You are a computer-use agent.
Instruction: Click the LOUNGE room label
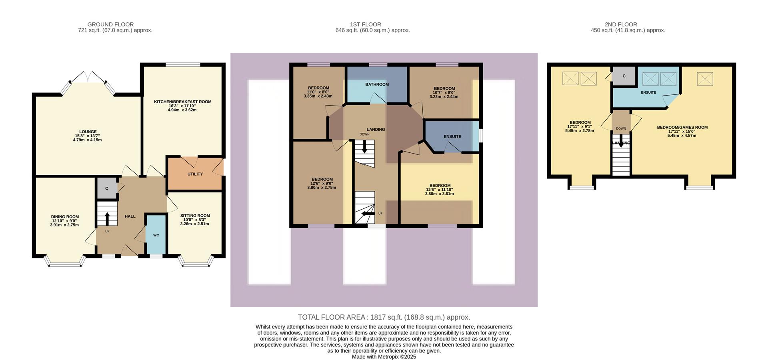tap(88, 132)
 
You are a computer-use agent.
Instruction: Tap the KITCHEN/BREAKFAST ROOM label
tap(182, 102)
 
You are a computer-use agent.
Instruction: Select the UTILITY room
tap(195, 174)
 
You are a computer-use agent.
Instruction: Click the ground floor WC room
tap(156, 235)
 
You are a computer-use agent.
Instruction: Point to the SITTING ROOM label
tap(195, 216)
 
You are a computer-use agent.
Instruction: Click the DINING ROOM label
tap(65, 217)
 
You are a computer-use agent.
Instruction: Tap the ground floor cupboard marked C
tap(107, 188)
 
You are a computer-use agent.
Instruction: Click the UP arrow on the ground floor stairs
tap(107, 218)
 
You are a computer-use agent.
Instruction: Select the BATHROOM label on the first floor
tap(377, 84)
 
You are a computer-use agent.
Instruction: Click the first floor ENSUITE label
tap(452, 136)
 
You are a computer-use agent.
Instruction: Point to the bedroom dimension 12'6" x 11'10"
tap(439, 190)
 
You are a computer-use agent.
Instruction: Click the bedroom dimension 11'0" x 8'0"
tap(318, 92)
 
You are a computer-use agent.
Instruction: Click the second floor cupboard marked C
tap(624, 76)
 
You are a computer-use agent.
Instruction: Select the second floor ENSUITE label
tap(648, 92)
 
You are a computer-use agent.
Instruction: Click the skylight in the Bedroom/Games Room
tap(705, 79)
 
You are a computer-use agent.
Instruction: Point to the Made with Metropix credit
tap(384, 357)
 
